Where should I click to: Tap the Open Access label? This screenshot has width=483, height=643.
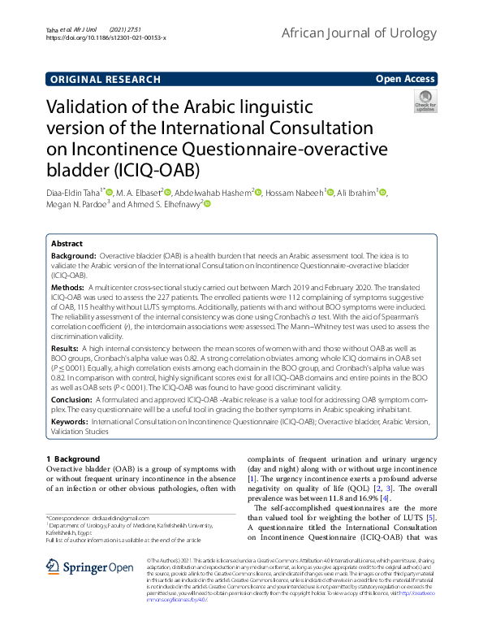(405, 80)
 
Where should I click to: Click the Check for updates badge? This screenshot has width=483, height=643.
(425, 102)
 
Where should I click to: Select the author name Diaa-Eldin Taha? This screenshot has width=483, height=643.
(74, 193)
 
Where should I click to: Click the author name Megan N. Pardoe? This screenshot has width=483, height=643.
(73, 206)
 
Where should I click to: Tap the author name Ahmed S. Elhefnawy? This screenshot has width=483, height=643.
(156, 206)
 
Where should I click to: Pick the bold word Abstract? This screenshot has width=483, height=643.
(67, 243)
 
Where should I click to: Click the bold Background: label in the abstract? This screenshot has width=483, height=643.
(73, 255)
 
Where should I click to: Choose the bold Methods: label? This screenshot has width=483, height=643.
(67, 288)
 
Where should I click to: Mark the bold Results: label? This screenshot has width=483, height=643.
(66, 346)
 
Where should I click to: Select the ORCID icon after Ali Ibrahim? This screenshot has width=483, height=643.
(384, 193)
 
